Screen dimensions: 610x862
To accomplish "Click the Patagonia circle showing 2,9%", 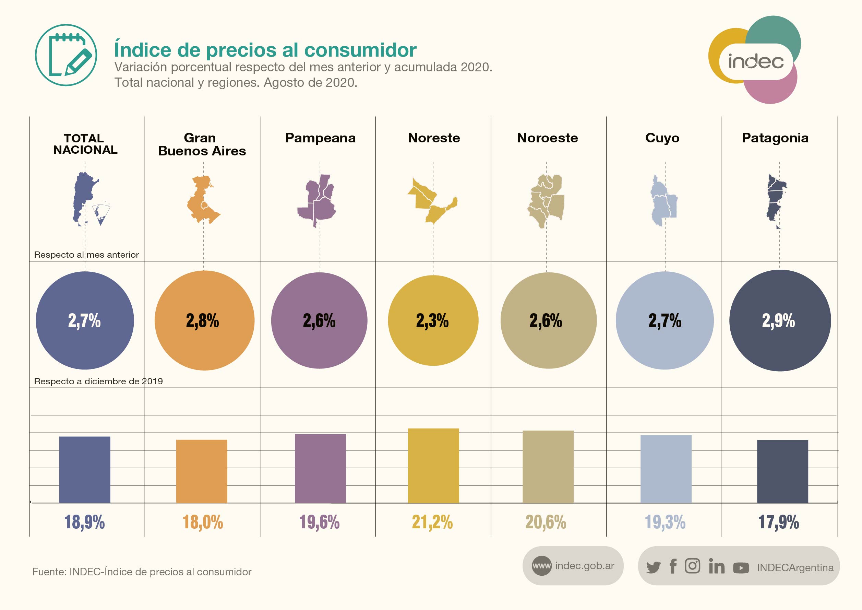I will pos(780,320).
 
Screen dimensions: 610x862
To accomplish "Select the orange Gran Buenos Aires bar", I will pos(202,471).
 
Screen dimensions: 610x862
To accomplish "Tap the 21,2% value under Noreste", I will pos(432,522).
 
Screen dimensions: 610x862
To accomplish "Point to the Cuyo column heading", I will pos(662,138).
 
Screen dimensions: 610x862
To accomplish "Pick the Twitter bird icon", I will pos(653,567).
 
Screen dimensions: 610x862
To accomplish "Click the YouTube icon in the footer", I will pos(741,567).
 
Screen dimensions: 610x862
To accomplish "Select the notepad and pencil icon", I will pos(66,55).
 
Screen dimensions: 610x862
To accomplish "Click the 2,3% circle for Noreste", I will pos(433,320).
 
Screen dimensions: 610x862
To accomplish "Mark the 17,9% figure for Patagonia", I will pos(779,522).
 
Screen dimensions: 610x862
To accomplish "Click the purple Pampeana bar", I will pos(320,468).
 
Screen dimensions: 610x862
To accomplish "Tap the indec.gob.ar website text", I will pos(585,566).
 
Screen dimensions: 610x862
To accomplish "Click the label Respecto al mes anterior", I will pos(86,255).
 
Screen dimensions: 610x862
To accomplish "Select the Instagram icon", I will pos(692,566).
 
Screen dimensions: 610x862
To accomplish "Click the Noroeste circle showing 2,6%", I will pos(548,320).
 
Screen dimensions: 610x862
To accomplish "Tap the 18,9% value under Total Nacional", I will pos(84,522).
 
